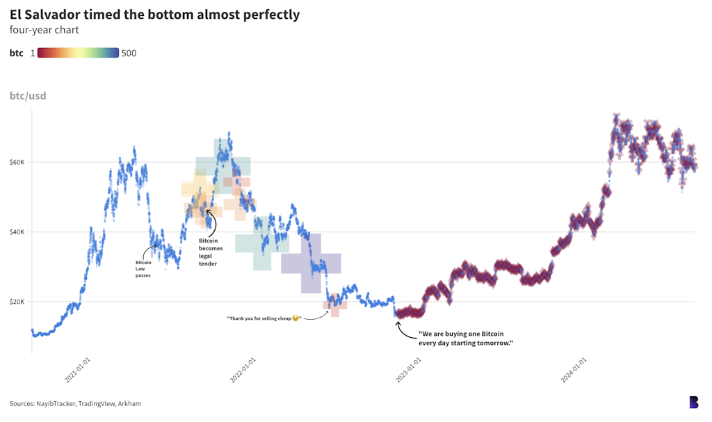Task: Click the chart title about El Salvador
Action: tap(154, 14)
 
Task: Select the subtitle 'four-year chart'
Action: tap(44, 30)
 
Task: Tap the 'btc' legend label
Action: tap(17, 53)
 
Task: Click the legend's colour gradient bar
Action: tap(78, 53)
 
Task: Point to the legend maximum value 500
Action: tap(129, 53)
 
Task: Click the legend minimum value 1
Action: tap(33, 53)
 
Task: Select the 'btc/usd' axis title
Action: tap(28, 95)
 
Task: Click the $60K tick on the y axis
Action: tap(17, 163)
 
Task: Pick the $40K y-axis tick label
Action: tap(17, 232)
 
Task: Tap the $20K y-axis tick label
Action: tap(17, 302)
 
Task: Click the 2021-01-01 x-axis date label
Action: tap(78, 371)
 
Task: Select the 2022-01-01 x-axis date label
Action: tap(243, 371)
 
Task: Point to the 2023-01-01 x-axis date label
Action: tap(409, 371)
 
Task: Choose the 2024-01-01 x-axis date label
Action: tap(574, 371)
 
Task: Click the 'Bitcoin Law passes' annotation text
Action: tap(143, 269)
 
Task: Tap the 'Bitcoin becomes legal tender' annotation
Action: tap(209, 252)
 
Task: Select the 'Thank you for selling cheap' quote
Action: tap(259, 318)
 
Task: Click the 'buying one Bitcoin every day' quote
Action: tap(465, 339)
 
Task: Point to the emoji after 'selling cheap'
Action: tap(296, 318)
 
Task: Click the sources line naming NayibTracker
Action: tap(75, 403)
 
